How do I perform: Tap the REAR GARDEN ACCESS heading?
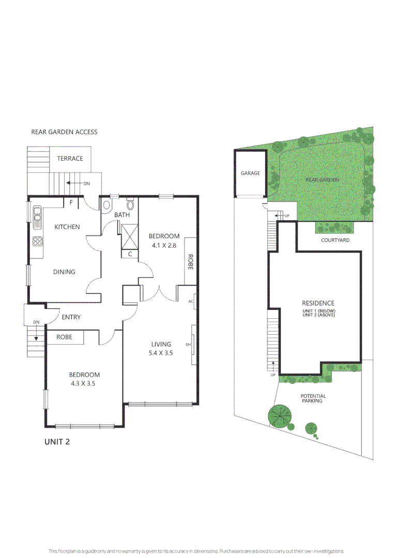tap(64, 132)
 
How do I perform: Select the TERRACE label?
tap(70, 159)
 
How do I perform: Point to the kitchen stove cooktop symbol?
tap(37, 241)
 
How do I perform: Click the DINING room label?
tap(64, 272)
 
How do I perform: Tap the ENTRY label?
tap(71, 317)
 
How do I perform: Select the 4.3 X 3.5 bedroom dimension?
tap(85, 384)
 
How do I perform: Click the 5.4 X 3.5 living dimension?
tap(161, 354)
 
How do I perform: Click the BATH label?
tap(122, 215)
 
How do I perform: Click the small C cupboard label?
tap(130, 254)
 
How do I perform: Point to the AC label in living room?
tap(191, 302)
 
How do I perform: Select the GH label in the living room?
tap(188, 344)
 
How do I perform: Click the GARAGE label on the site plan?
tap(250, 174)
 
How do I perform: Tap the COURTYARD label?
tap(335, 240)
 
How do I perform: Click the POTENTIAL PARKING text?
tap(313, 398)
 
